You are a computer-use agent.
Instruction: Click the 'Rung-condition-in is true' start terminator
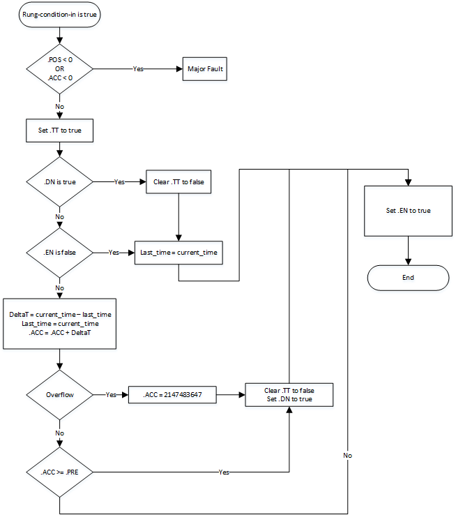[59, 15]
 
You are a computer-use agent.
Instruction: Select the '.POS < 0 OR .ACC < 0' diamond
[59, 69]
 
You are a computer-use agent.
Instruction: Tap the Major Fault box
[205, 69]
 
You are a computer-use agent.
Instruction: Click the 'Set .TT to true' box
[59, 130]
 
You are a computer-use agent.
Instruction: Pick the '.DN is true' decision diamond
[59, 181]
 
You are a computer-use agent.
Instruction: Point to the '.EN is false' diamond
[59, 253]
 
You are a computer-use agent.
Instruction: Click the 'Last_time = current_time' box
[179, 253]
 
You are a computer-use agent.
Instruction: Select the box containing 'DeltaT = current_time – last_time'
[59, 324]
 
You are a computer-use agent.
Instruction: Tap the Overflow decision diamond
[59, 395]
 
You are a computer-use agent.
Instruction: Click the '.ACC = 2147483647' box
[172, 395]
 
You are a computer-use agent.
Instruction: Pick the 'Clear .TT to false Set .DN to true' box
[289, 395]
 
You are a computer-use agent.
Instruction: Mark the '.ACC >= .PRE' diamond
[59, 472]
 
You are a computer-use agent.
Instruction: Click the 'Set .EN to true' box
[408, 210]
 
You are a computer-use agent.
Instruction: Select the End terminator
[408, 277]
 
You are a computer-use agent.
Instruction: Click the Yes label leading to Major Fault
[139, 69]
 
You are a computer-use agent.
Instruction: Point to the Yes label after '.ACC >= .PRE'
[224, 472]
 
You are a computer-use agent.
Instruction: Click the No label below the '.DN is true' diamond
[59, 217]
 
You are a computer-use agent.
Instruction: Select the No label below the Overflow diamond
[59, 433]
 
